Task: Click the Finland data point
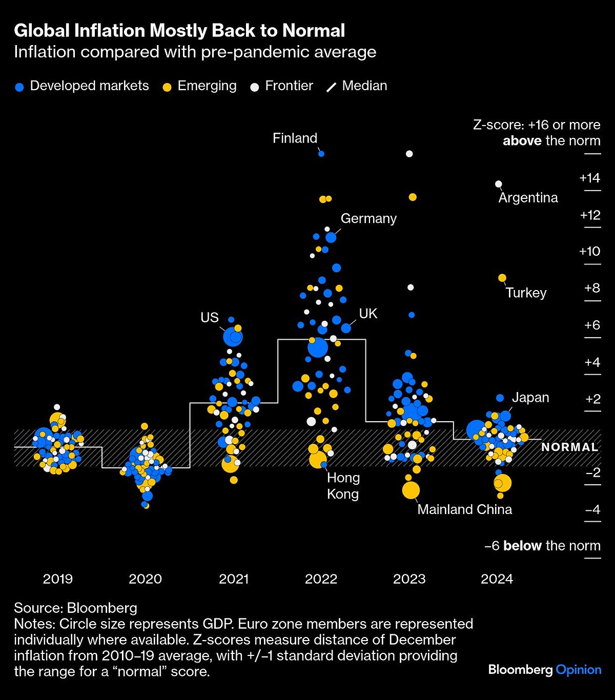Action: tap(321, 153)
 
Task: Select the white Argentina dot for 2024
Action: tap(498, 184)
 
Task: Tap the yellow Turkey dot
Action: tap(502, 278)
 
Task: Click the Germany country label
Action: tap(368, 218)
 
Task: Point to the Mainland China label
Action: tap(464, 509)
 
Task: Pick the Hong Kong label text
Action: tap(343, 486)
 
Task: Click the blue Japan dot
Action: tap(500, 398)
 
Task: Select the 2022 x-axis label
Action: tap(321, 579)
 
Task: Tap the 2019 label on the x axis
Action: tap(58, 579)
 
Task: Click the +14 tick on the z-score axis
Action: tap(589, 178)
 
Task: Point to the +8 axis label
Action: tap(591, 288)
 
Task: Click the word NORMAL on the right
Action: tap(569, 447)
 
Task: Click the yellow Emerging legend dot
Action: tap(167, 87)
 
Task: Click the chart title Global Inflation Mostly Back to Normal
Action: tap(179, 31)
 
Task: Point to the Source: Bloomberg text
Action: tap(75, 608)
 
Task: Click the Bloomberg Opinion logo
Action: tap(544, 670)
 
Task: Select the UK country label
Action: tap(368, 314)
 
